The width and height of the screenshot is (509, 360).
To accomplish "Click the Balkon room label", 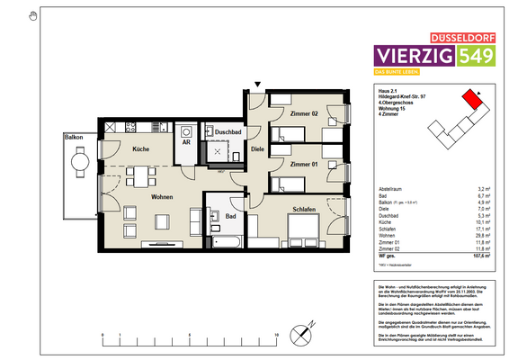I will click(73, 136).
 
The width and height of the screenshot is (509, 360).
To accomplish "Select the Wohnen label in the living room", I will click(162, 196).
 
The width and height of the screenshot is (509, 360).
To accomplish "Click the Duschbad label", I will click(227, 131).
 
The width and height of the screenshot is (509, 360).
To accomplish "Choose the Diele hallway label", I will click(257, 149).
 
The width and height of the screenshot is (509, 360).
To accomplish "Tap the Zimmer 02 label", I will click(304, 114).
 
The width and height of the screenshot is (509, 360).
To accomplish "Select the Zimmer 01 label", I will click(304, 165).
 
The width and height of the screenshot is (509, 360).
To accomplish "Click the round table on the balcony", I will click(79, 162).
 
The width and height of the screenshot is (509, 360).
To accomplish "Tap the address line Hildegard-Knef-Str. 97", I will click(403, 96).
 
